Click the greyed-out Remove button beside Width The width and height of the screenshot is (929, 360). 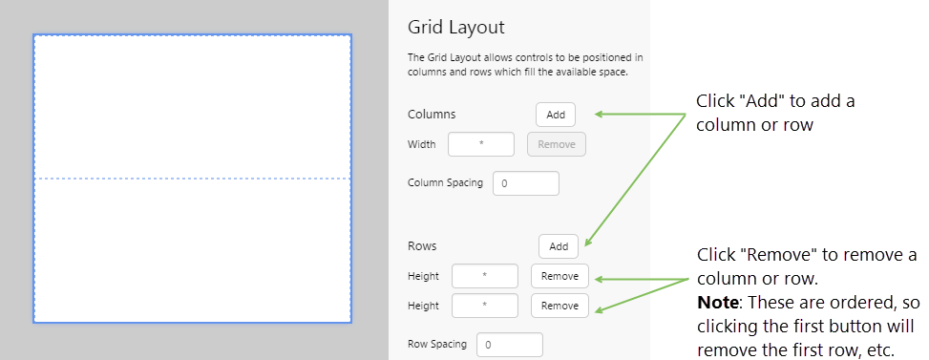(556, 144)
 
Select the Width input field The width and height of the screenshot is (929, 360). (481, 144)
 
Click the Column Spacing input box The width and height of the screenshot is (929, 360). (525, 182)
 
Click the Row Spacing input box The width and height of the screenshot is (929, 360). (510, 345)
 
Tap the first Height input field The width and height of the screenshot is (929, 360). (484, 276)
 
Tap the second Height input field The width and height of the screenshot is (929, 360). (484, 306)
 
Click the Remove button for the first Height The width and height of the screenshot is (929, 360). (560, 276)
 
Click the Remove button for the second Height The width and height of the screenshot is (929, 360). (560, 306)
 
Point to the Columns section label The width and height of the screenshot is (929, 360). (432, 114)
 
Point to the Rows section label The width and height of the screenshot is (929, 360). (422, 245)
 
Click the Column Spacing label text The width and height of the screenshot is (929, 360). (445, 182)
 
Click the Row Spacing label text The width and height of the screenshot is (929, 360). (437, 345)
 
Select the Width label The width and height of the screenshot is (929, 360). (421, 144)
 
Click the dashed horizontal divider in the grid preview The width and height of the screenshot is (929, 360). (192, 179)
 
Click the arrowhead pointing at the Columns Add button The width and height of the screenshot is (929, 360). (599, 115)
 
